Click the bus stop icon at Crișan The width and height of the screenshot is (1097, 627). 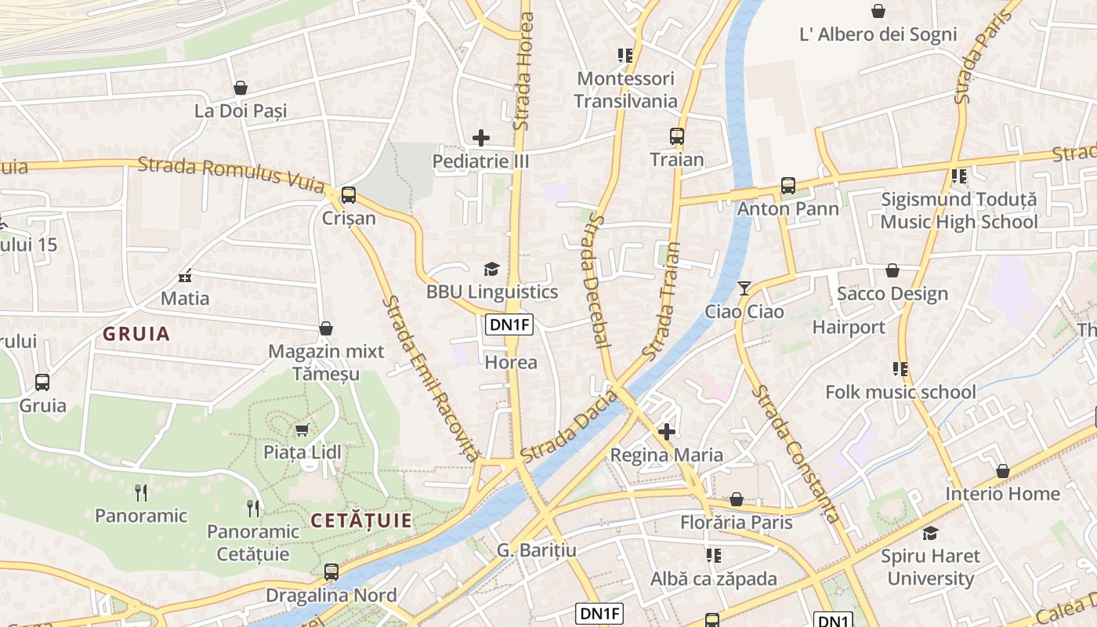(x=349, y=194)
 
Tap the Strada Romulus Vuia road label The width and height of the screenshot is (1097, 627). (x=230, y=174)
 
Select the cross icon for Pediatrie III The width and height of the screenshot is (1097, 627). (x=481, y=139)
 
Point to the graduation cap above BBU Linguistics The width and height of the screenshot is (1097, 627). (x=491, y=270)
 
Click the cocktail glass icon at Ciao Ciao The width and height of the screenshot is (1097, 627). (x=744, y=288)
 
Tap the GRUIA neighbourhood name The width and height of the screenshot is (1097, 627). (x=136, y=334)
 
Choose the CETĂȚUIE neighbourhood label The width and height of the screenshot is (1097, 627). (x=361, y=520)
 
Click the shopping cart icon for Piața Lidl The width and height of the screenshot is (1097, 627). (x=302, y=429)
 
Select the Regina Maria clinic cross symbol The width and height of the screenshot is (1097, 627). (x=667, y=432)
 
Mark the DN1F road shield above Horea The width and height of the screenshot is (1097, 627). (x=509, y=324)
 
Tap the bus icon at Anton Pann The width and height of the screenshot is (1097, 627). (x=788, y=186)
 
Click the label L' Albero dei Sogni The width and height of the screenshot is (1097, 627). (x=878, y=34)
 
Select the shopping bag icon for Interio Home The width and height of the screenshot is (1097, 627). (x=1002, y=471)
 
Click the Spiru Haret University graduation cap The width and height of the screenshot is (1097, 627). (x=930, y=533)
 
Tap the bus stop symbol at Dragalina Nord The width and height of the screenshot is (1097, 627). (x=331, y=572)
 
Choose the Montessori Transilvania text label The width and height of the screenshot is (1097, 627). (x=625, y=89)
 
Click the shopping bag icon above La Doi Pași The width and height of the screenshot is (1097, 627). (x=241, y=88)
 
